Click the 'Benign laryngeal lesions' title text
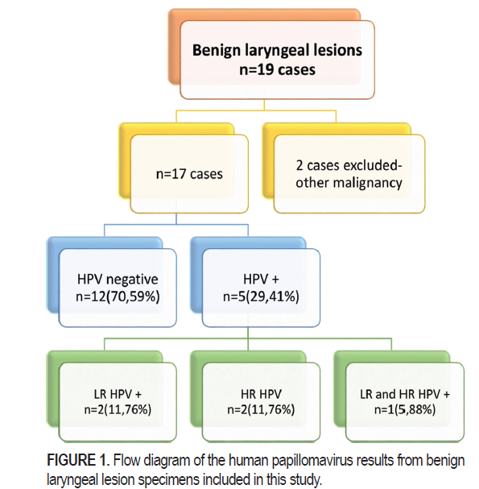click(277, 50)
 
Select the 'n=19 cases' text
click(277, 69)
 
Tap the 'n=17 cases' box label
click(189, 174)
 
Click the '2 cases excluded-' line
click(349, 165)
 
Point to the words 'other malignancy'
click(349, 183)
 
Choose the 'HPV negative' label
click(118, 280)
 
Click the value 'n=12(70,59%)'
click(118, 296)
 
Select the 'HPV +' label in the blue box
click(261, 279)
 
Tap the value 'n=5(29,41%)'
click(261, 296)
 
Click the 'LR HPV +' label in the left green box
click(118, 394)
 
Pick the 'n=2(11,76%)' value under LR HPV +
click(118, 409)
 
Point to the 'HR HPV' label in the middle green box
click(261, 394)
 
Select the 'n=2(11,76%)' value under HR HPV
click(261, 409)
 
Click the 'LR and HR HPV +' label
click(405, 394)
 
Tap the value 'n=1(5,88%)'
click(405, 409)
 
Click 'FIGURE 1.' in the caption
click(78, 460)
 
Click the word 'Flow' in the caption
click(127, 460)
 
